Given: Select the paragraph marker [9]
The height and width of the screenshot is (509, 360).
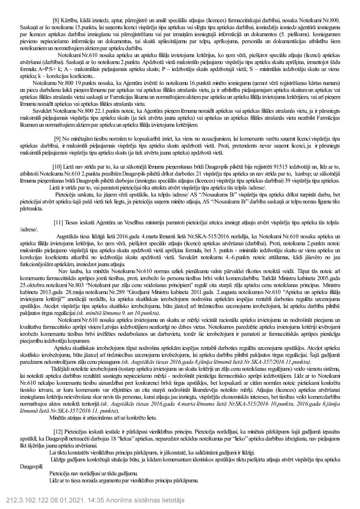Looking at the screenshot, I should (57, 138).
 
